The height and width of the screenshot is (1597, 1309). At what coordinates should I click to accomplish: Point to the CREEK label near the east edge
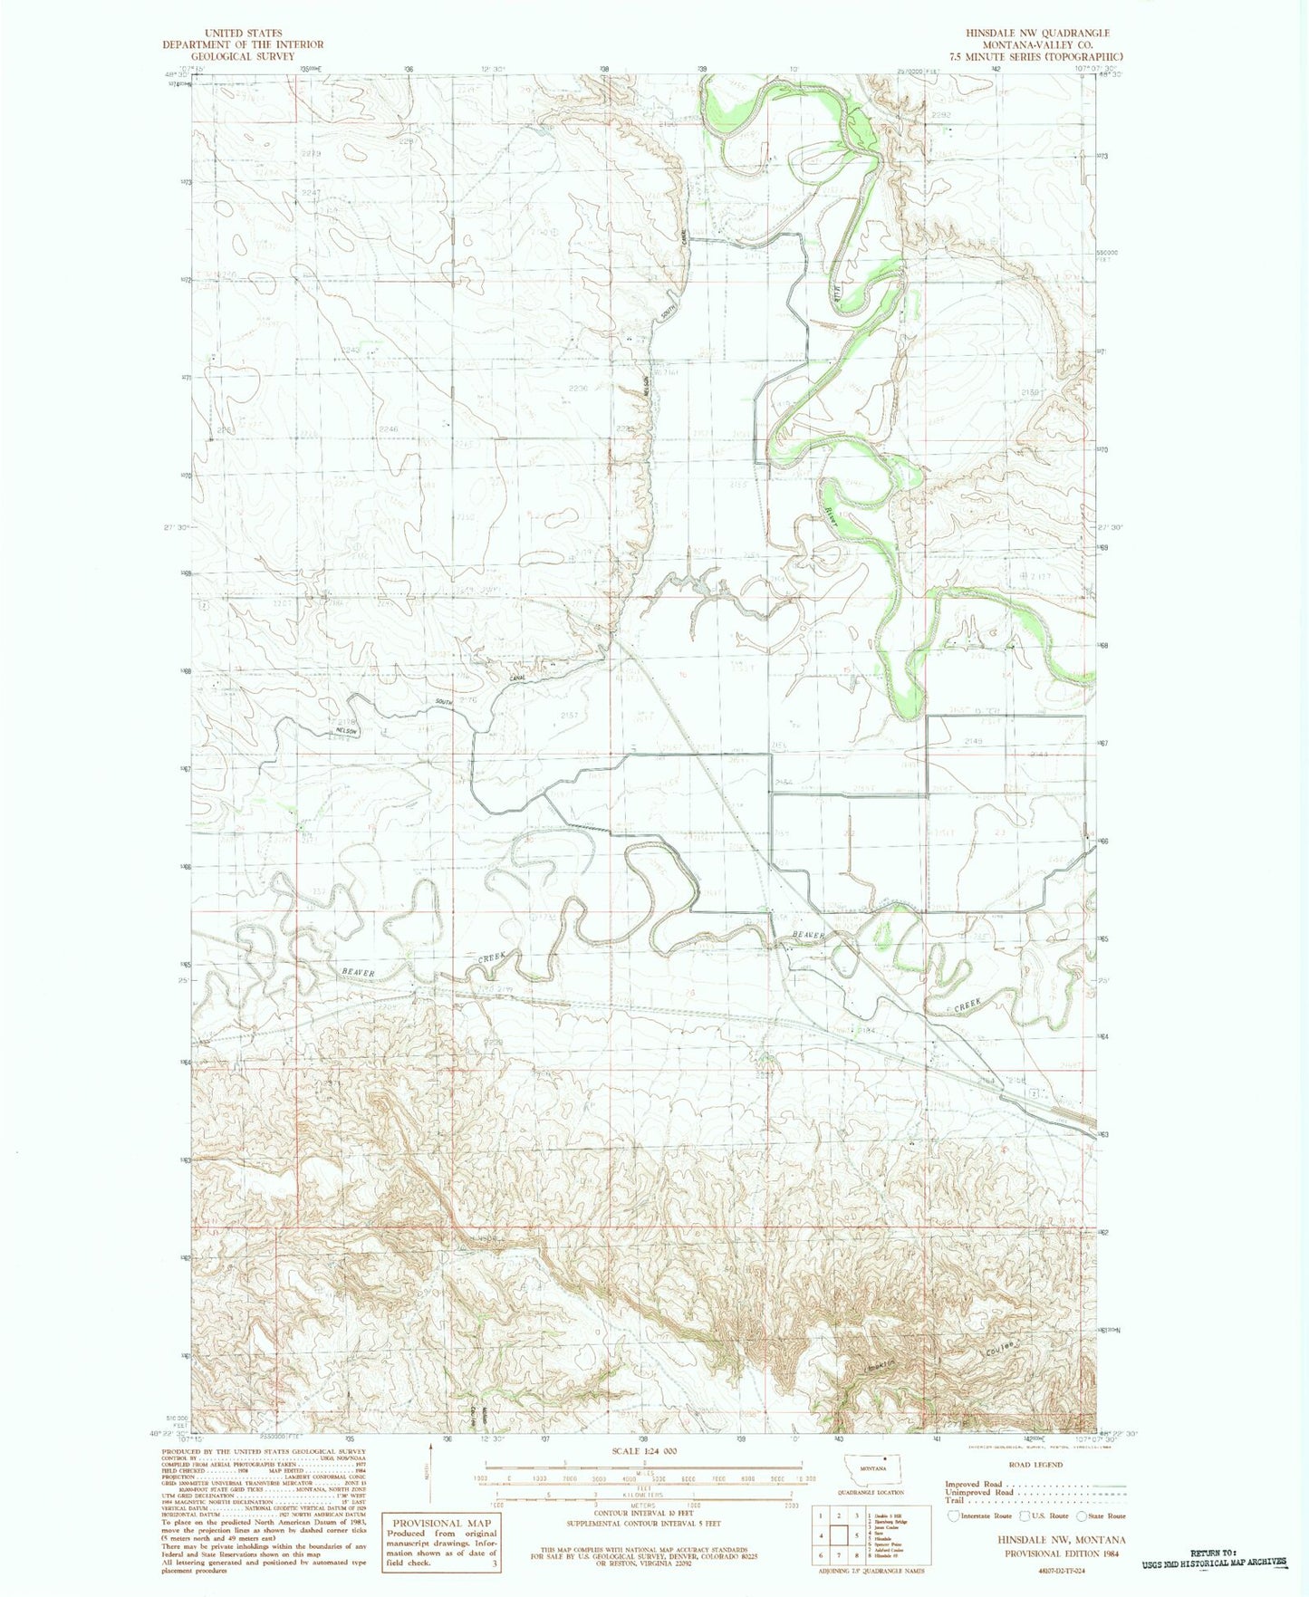click(967, 1005)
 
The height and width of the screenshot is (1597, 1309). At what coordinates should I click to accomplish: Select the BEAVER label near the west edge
click(357, 972)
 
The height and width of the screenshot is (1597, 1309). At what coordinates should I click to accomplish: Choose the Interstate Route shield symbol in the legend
click(953, 1515)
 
